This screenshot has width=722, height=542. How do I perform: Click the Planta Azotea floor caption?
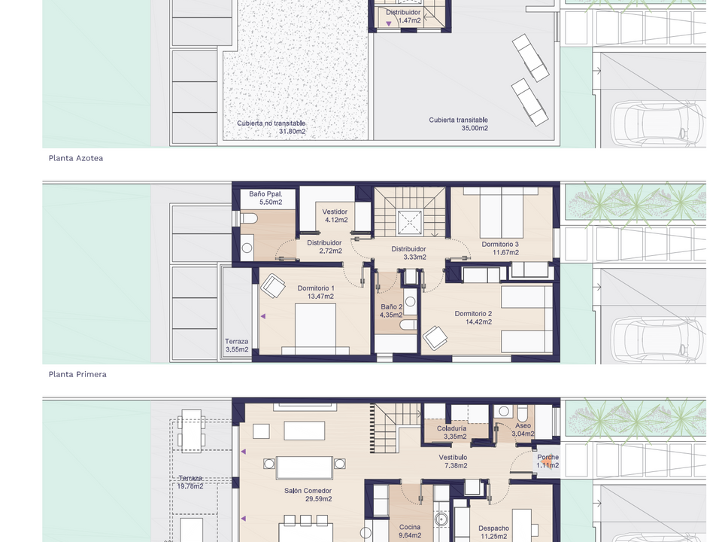click(x=76, y=158)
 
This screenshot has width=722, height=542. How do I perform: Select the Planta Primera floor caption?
click(x=77, y=374)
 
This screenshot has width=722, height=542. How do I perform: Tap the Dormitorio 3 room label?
click(x=500, y=244)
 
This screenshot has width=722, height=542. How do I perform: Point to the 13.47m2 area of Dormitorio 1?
click(x=320, y=297)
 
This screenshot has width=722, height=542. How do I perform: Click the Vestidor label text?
click(x=335, y=212)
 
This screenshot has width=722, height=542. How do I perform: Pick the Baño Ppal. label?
click(x=265, y=194)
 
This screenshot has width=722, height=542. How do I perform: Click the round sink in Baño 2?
click(x=411, y=302)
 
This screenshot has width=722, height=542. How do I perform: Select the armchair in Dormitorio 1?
click(x=273, y=286)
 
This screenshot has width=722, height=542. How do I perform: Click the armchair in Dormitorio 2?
click(x=435, y=338)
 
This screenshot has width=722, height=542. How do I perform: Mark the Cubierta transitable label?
click(x=458, y=120)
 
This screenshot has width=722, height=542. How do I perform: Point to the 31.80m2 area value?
click(x=292, y=131)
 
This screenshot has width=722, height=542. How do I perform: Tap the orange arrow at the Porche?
click(x=547, y=461)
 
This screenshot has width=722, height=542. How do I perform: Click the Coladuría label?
click(x=452, y=428)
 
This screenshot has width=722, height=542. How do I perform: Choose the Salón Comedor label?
click(x=308, y=491)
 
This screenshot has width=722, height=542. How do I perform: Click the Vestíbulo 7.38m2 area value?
click(x=456, y=465)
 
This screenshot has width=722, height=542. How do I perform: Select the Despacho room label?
click(x=493, y=528)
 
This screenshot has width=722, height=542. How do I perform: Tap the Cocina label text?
click(x=410, y=527)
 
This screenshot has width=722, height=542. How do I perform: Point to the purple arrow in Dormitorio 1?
click(x=263, y=316)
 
